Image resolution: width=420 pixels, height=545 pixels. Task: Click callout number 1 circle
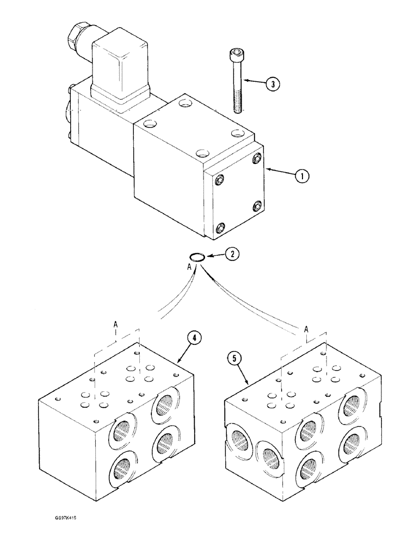pyautogui.click(x=302, y=176)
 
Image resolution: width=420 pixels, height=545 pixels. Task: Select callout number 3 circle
pyautogui.click(x=273, y=83)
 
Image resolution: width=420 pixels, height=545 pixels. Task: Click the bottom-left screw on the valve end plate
pyautogui.click(x=220, y=228)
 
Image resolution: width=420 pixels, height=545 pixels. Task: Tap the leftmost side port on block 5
pyautogui.click(x=238, y=440)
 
